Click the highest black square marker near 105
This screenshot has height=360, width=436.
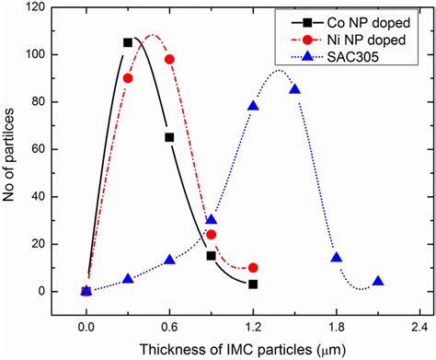(128, 42)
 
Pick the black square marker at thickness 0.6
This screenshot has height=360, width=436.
(169, 137)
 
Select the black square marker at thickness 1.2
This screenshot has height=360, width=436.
(253, 285)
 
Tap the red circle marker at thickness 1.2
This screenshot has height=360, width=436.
(253, 268)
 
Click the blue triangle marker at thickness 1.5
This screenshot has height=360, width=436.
(294, 89)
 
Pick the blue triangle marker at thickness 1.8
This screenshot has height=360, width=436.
(337, 258)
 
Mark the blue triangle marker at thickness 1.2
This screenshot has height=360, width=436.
(253, 106)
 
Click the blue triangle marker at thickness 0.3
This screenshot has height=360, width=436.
(128, 279)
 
